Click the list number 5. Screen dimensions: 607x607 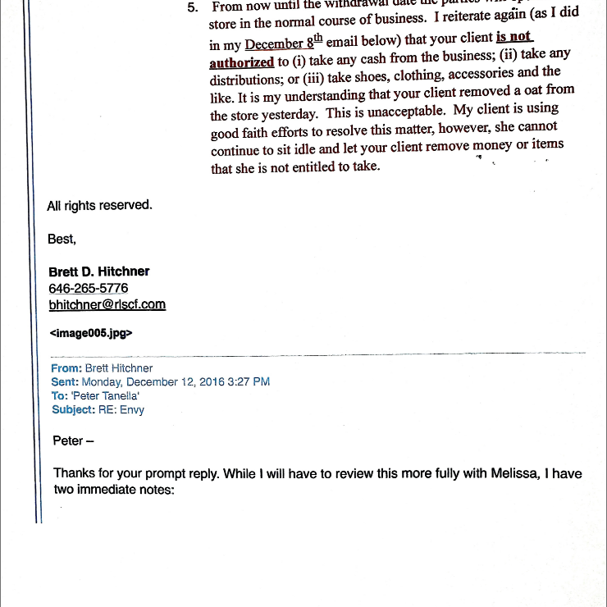click(x=194, y=7)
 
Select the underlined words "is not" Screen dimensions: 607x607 click(x=514, y=37)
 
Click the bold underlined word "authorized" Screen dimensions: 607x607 click(x=241, y=62)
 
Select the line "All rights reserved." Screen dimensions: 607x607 click(x=99, y=205)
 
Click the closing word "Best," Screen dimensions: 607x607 click(x=62, y=239)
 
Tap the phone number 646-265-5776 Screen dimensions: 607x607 click(x=89, y=288)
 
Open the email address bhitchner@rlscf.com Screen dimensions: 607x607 click(x=107, y=304)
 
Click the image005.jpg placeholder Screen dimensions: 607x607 click(x=91, y=333)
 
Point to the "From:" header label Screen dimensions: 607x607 click(x=66, y=368)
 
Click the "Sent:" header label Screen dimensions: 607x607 click(x=65, y=381)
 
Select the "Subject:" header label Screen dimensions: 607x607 click(x=73, y=409)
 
